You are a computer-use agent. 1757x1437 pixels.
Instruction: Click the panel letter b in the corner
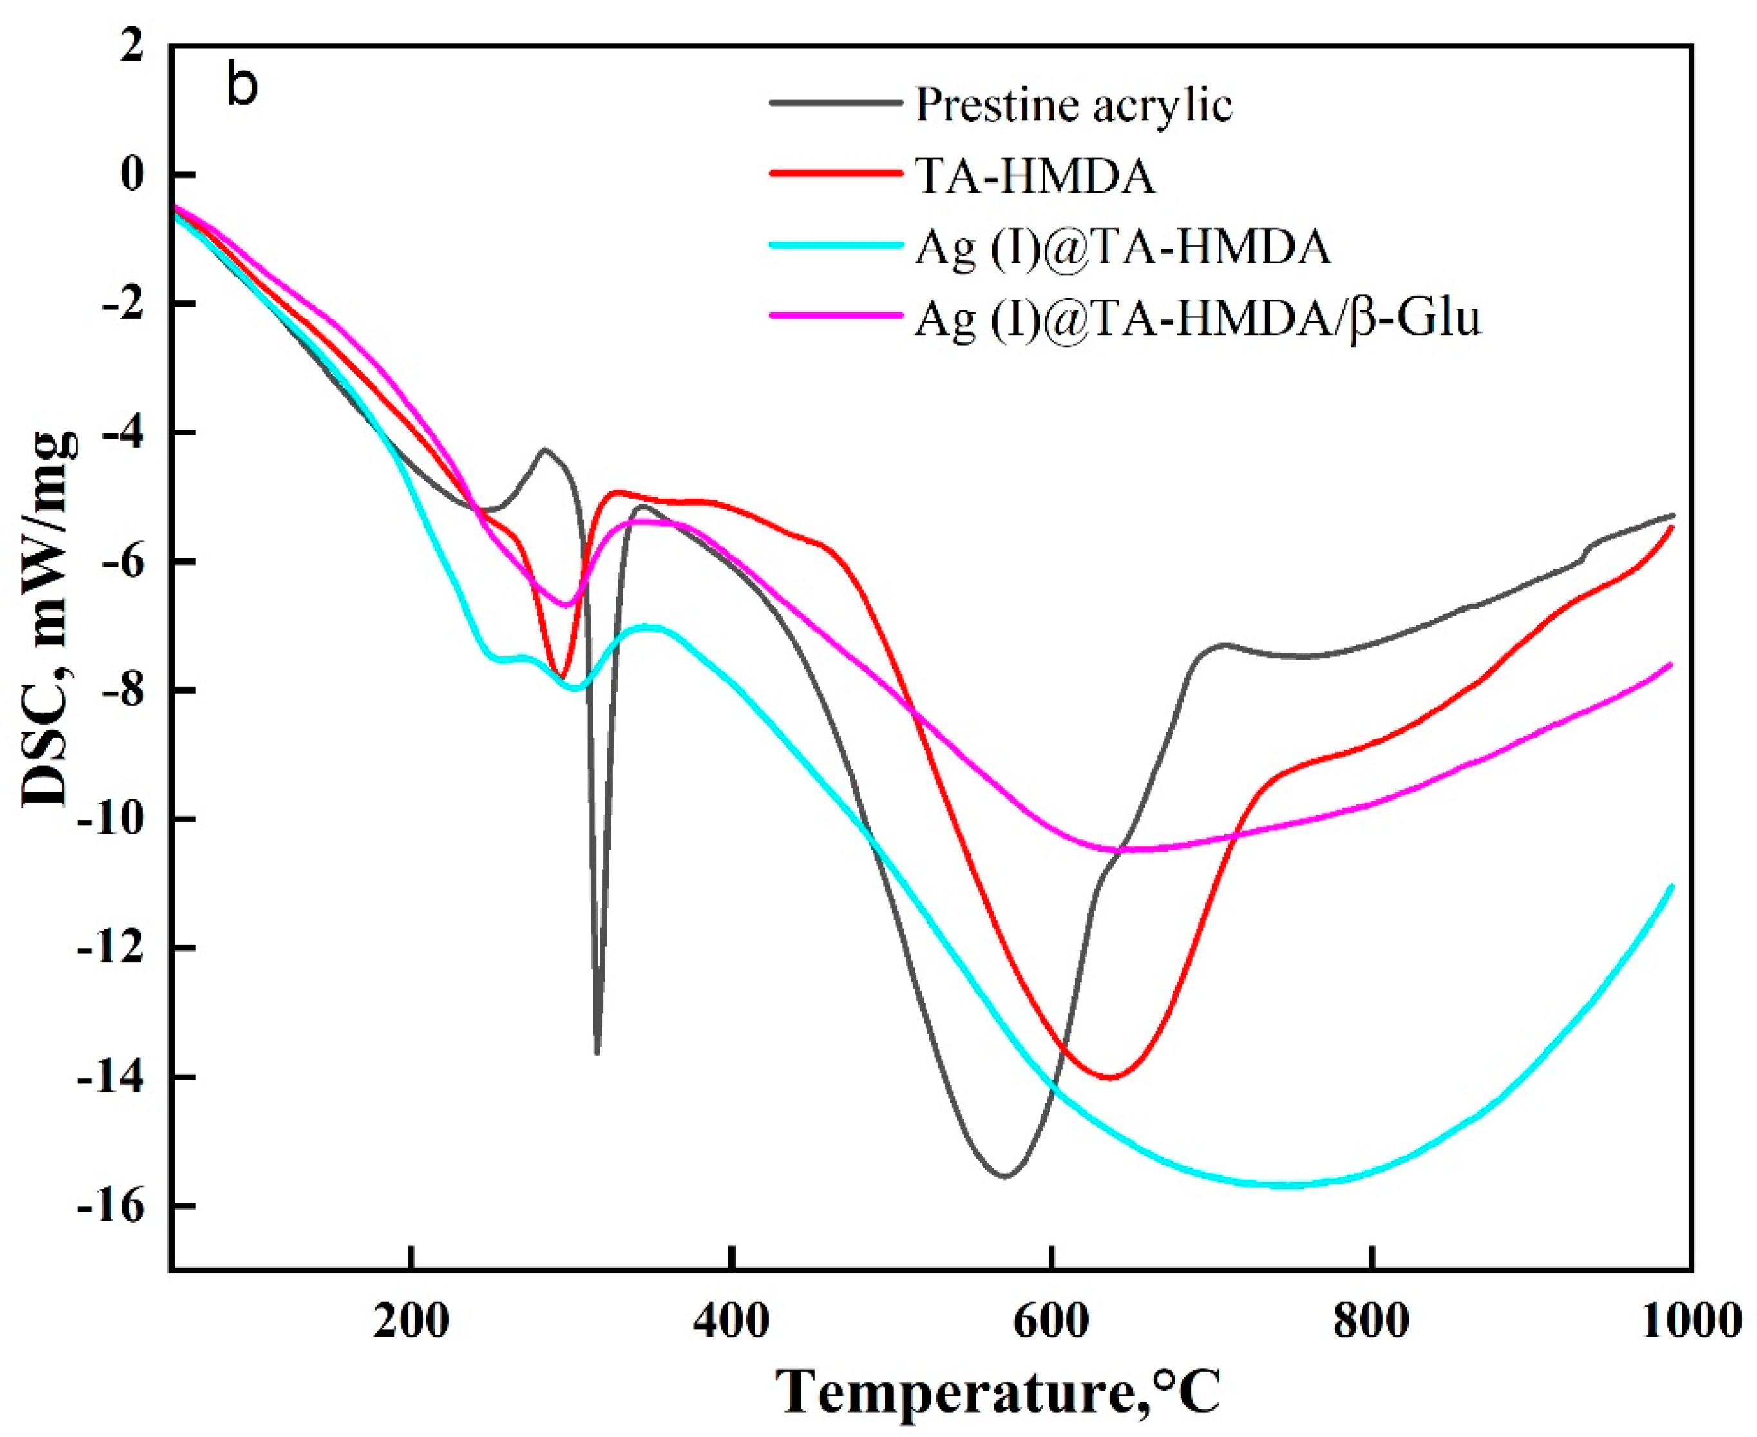click(x=242, y=87)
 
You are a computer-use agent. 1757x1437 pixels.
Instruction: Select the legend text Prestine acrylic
click(x=1074, y=105)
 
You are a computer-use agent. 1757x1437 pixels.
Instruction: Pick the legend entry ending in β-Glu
click(x=1197, y=318)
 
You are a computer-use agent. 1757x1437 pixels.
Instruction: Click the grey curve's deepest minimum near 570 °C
click(x=1005, y=1176)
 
